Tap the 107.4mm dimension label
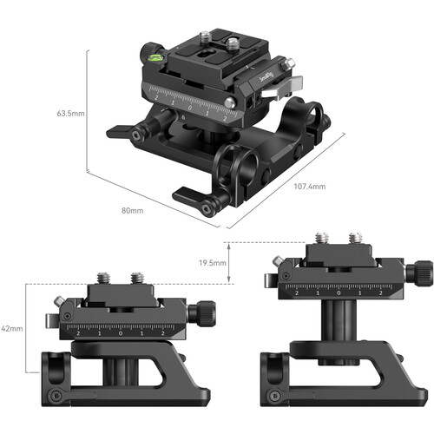pyautogui.click(x=308, y=186)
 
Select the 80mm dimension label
pyautogui.click(x=132, y=209)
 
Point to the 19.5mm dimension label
pyautogui.click(x=212, y=263)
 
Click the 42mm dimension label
pyautogui.click(x=11, y=329)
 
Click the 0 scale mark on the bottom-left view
pyautogui.click(x=120, y=332)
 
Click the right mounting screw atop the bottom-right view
pyautogui.click(x=355, y=237)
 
